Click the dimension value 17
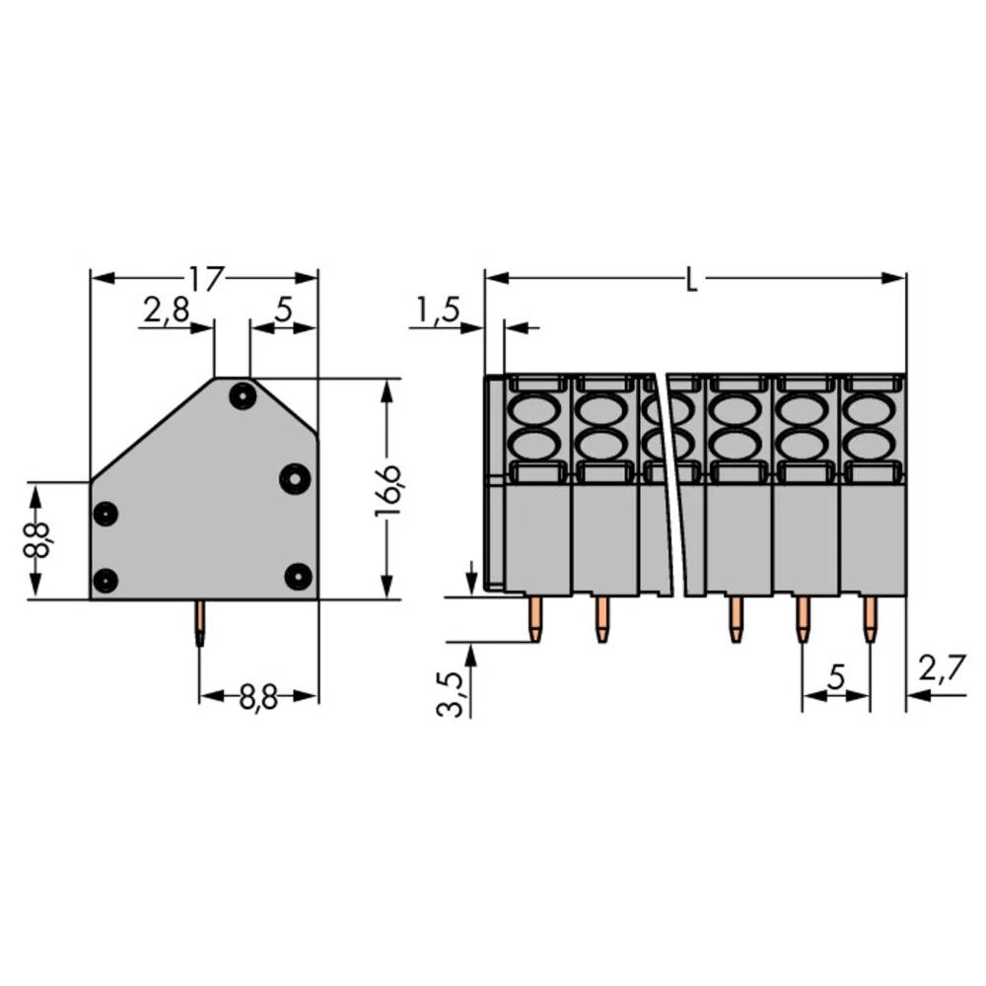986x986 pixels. [203, 279]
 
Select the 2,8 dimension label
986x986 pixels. [165, 312]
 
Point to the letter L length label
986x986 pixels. [692, 281]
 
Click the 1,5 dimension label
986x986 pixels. [437, 312]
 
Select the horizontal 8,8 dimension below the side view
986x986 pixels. [257, 697]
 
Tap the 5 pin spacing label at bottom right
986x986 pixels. [836, 677]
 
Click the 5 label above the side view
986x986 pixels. [283, 312]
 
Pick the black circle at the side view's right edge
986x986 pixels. [294, 478]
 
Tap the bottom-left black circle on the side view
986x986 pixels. [106, 580]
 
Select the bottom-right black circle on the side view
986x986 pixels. [298, 575]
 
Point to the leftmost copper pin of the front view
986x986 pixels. [535, 618]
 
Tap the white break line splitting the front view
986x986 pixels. [670, 483]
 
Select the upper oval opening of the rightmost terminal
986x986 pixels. [872, 408]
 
